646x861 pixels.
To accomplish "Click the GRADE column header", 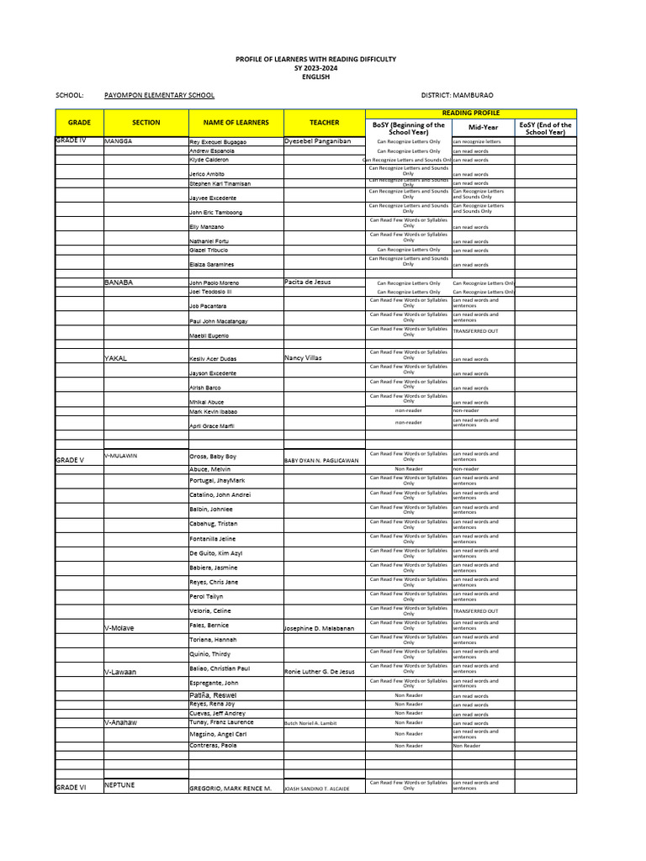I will pyautogui.click(x=79, y=123).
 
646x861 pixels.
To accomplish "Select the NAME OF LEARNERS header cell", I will pyautogui.click(x=230, y=123).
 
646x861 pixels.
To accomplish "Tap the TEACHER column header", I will pyautogui.click(x=324, y=123).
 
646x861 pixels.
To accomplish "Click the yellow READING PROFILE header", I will pyautogui.click(x=470, y=113).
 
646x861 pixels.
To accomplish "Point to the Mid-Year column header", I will pyautogui.click(x=483, y=128).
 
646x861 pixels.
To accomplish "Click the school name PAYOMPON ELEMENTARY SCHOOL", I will pyautogui.click(x=159, y=96).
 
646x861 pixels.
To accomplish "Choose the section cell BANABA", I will pyautogui.click(x=119, y=283).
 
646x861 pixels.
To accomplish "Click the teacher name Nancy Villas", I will pyautogui.click(x=303, y=358).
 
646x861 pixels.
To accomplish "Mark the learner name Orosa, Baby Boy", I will pyautogui.click(x=213, y=456).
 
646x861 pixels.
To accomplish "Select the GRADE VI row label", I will pyautogui.click(x=71, y=787).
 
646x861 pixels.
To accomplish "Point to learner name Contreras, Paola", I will pyautogui.click(x=213, y=746).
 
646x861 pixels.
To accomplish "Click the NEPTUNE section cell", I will pyautogui.click(x=119, y=784).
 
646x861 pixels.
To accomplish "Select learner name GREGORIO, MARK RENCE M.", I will pyautogui.click(x=230, y=789).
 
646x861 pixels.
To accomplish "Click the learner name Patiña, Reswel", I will pyautogui.click(x=213, y=696).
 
